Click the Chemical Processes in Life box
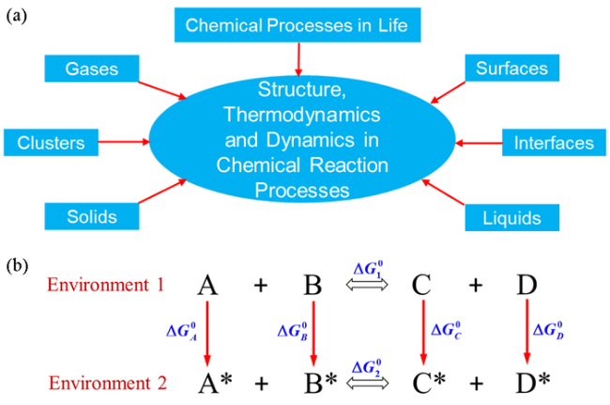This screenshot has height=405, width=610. [x=297, y=24]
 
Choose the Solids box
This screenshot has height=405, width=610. [x=92, y=217]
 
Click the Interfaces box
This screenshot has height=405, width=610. [x=554, y=144]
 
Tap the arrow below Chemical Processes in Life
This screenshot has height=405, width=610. [x=297, y=58]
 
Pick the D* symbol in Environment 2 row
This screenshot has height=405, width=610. [x=531, y=382]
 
